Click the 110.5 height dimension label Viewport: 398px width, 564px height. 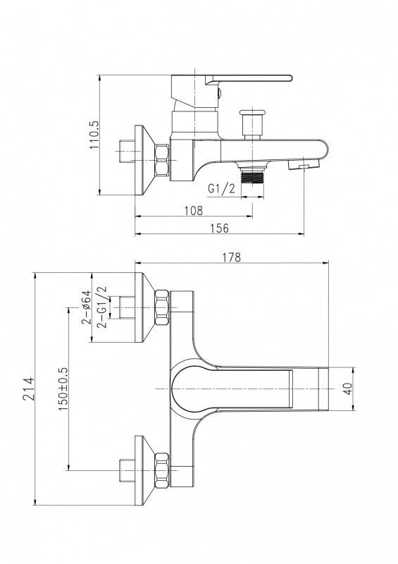[94, 135]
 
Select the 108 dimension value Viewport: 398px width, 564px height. [194, 210]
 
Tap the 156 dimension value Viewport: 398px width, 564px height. [219, 228]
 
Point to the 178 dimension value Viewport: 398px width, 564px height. [232, 257]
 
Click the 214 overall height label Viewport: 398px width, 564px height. [28, 389]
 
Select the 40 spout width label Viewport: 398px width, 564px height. [348, 389]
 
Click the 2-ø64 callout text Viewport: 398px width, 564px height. [86, 308]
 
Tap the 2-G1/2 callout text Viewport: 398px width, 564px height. [102, 307]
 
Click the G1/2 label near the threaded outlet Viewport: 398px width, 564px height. [221, 188]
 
